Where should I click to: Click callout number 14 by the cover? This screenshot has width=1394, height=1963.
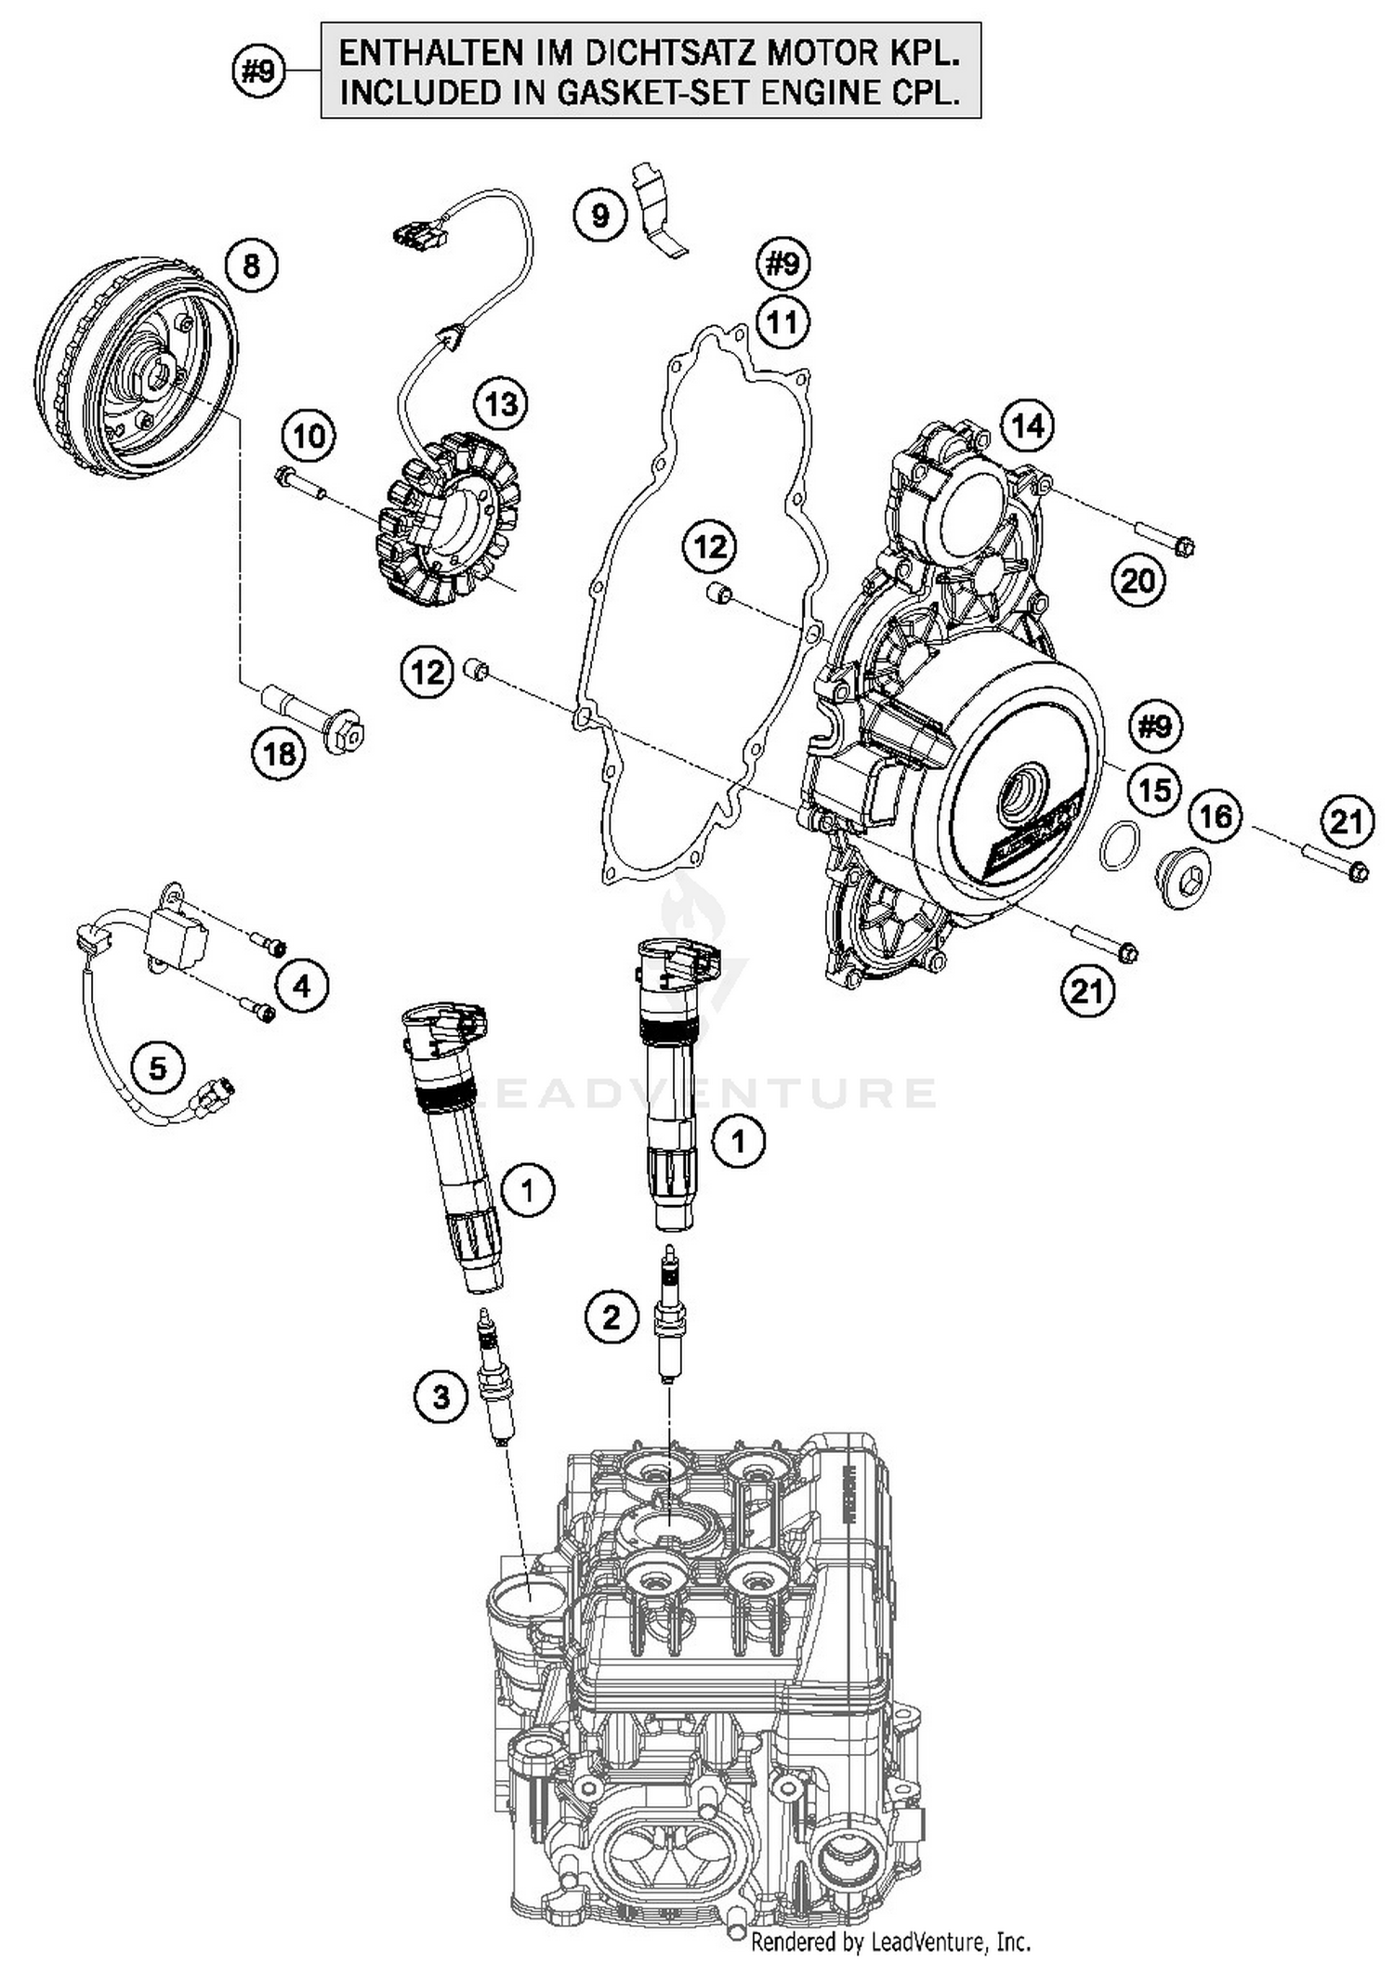[x=1027, y=426]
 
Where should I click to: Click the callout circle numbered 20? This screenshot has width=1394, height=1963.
[x=1138, y=581]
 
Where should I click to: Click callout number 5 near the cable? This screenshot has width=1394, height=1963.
[x=158, y=1067]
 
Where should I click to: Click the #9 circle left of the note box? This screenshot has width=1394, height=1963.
[x=258, y=71]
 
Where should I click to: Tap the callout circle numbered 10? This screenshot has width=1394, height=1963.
[x=309, y=435]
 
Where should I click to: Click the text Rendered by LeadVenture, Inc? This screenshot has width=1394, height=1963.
[x=890, y=1942]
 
